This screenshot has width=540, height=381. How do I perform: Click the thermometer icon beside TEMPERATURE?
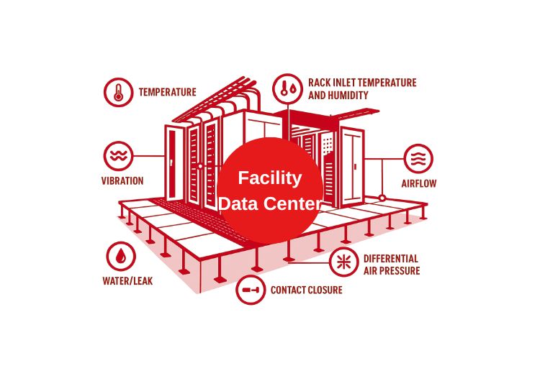click(118, 93)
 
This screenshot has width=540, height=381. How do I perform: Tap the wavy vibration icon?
click(118, 155)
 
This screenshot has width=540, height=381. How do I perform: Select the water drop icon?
click(120, 255)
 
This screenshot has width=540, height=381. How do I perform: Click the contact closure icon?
click(251, 290)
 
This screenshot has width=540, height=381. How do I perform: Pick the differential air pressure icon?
click(344, 263)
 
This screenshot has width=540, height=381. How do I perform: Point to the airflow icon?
click(418, 157)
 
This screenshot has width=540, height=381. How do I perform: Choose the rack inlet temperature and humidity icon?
click(287, 88)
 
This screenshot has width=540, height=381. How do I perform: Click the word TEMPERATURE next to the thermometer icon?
click(167, 93)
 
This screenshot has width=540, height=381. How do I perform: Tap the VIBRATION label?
click(122, 182)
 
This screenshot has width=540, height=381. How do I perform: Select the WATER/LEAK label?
click(127, 281)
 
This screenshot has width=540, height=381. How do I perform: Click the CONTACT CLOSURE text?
click(306, 290)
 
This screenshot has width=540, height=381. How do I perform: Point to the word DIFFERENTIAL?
click(390, 259)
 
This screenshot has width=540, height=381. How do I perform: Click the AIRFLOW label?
click(418, 183)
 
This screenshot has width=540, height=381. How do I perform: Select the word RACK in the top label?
click(319, 83)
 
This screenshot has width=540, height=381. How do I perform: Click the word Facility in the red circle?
click(270, 178)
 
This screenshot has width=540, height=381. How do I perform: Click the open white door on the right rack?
click(353, 165)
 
